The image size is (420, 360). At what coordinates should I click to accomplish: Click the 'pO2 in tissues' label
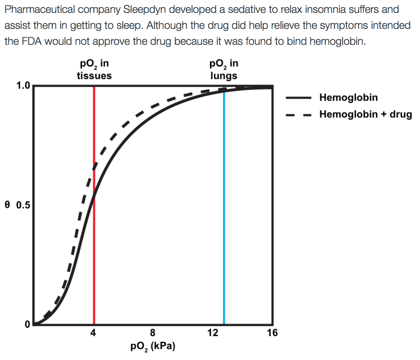point(94,69)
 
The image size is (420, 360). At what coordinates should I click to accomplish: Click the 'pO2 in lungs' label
point(224,69)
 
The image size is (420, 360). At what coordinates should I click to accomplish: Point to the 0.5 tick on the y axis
point(22,205)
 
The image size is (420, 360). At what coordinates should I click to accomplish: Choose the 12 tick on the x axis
point(213,333)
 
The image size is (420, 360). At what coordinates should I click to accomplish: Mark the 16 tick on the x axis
point(272,333)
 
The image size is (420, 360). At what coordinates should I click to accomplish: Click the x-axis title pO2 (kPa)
point(153,346)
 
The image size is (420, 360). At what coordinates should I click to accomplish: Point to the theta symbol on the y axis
point(7,205)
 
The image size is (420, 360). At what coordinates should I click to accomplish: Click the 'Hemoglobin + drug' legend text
point(365,114)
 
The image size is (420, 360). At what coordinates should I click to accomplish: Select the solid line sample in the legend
point(298,98)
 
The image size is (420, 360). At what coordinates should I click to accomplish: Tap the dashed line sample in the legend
point(298,115)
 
